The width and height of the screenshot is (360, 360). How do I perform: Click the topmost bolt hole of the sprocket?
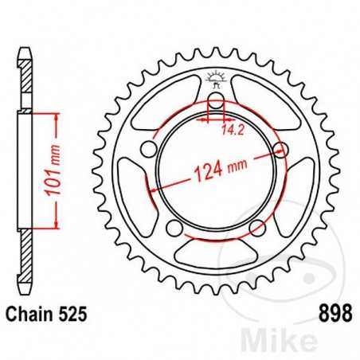click(x=214, y=101)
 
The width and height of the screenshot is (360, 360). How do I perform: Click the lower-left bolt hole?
click(x=174, y=229)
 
